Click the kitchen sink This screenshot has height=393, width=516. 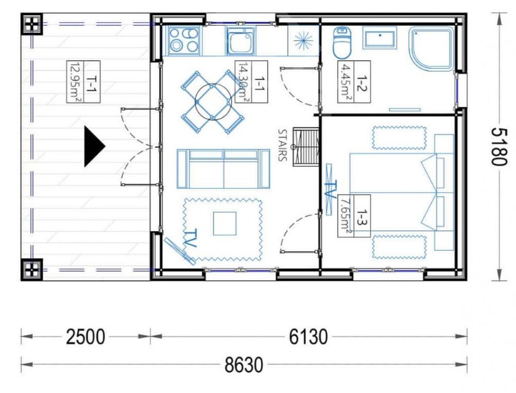pyautogui.click(x=240, y=40)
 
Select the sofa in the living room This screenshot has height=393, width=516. pyautogui.click(x=223, y=169)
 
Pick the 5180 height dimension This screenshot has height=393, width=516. pyautogui.click(x=498, y=147)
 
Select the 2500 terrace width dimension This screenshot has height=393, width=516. pyautogui.click(x=86, y=337)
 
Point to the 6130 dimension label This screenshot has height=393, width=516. pyautogui.click(x=308, y=337)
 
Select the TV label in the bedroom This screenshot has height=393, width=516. pyautogui.click(x=330, y=189)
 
